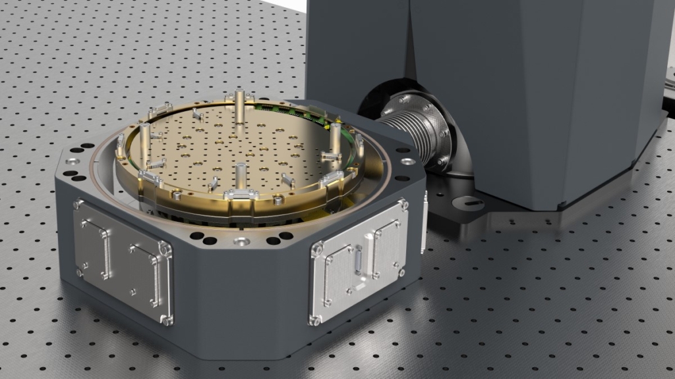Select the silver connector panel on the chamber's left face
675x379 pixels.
click(123, 261)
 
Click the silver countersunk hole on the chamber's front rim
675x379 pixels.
click(242, 242)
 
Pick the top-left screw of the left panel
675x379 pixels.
click(80, 203)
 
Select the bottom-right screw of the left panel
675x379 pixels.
click(167, 320)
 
